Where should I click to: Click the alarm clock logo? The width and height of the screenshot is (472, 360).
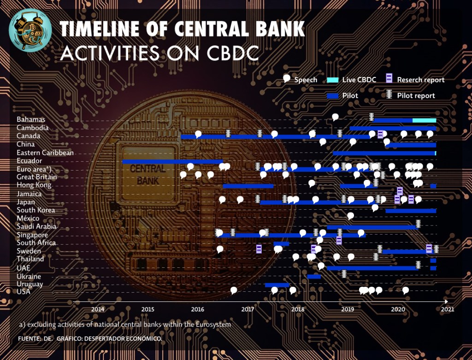(x=30, y=30)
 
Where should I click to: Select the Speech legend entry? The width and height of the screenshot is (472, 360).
(x=300, y=79)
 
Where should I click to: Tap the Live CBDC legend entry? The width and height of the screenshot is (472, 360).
(x=352, y=80)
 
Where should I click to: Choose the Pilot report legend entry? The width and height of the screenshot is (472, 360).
(x=411, y=95)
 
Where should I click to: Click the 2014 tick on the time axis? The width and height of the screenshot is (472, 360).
(x=98, y=309)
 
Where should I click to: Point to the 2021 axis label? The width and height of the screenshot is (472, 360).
(x=447, y=309)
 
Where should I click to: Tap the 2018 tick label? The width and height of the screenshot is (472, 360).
(x=298, y=309)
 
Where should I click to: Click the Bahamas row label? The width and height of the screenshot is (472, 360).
(x=31, y=119)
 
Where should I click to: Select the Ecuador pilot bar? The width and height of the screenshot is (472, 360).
(x=172, y=162)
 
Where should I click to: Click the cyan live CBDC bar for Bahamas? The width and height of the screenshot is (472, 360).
(x=424, y=120)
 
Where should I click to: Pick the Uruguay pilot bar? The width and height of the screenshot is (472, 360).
(x=277, y=285)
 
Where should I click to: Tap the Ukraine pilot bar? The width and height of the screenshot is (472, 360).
(x=314, y=277)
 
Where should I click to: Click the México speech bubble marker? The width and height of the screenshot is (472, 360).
(x=350, y=216)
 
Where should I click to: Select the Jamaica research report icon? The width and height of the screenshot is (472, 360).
(x=400, y=191)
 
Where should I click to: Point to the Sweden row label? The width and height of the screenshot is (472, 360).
(x=29, y=251)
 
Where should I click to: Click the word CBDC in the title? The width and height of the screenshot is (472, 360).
(x=233, y=53)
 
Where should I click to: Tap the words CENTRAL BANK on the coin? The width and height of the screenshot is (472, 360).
(x=148, y=175)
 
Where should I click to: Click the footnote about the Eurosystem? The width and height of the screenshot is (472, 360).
(x=125, y=325)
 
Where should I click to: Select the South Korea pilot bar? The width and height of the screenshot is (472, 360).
(x=411, y=211)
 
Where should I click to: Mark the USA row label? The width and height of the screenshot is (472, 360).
(x=24, y=291)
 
